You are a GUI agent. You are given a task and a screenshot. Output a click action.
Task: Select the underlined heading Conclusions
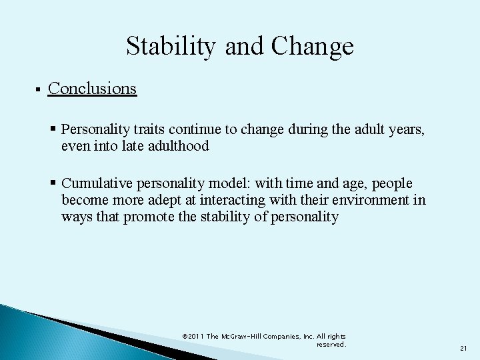coord(93,88)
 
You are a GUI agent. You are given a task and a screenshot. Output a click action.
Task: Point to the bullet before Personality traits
coord(53,128)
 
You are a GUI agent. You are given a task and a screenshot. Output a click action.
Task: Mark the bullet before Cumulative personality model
coord(53,183)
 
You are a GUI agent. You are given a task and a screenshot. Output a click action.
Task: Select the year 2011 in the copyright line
coord(195,337)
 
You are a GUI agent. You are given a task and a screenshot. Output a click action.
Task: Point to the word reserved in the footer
coord(331,345)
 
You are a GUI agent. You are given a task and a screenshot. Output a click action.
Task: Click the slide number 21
coord(463,349)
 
